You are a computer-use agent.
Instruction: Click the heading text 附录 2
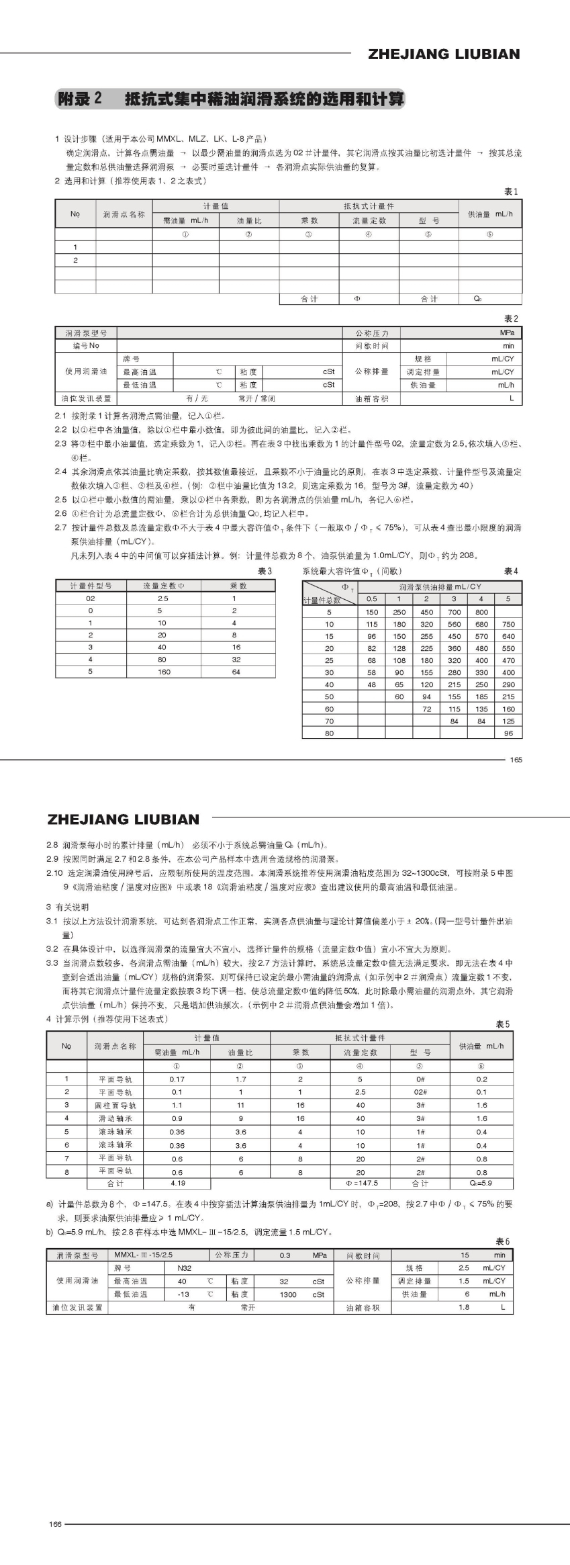tap(79, 99)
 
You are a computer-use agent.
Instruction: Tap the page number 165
tap(516, 760)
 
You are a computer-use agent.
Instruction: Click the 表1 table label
tap(511, 191)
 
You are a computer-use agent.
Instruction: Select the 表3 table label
tap(265, 571)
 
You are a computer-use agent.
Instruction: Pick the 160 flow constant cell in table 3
tap(164, 672)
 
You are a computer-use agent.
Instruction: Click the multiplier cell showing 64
tap(236, 672)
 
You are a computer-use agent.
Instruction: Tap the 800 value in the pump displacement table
tap(481, 612)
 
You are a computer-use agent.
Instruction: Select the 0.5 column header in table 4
tap(371, 598)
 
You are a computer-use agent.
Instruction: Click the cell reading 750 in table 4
tap(508, 624)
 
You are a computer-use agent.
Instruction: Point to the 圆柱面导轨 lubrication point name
tap(115, 1105)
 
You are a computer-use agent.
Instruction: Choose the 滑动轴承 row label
tap(115, 1118)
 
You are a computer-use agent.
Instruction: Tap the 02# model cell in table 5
tap(420, 1092)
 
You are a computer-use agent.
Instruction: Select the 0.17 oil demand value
tap(177, 1079)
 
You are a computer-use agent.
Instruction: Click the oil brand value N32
tap(184, 1268)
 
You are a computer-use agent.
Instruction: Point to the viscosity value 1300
tap(288, 1294)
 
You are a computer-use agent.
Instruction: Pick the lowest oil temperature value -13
tap(183, 1294)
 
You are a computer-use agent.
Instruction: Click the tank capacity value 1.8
tap(464, 1307)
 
